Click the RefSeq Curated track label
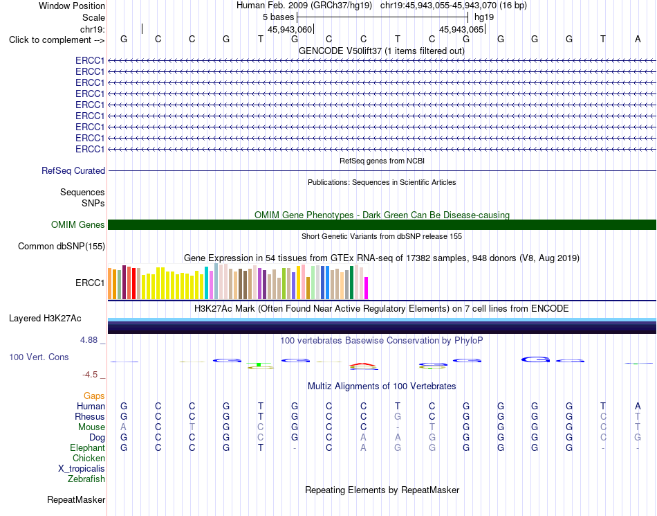tap(73, 171)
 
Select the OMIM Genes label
tap(78, 225)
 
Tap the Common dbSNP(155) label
tap(62, 247)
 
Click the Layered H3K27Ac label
tap(45, 319)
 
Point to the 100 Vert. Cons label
tap(39, 357)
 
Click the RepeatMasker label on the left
tap(76, 499)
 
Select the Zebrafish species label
tap(86, 479)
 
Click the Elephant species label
tap(87, 448)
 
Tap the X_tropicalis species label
tap(82, 469)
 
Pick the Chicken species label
tap(89, 458)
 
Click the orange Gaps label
tap(94, 396)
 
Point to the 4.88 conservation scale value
tap(89, 340)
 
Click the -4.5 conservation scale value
tap(90, 375)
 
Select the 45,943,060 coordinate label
tap(290, 29)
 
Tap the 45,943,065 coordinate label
tap(461, 29)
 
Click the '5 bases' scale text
tap(279, 17)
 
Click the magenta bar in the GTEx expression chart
tap(367, 288)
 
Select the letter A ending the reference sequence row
tap(638, 39)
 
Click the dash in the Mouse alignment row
tap(398, 427)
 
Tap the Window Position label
tap(72, 6)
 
